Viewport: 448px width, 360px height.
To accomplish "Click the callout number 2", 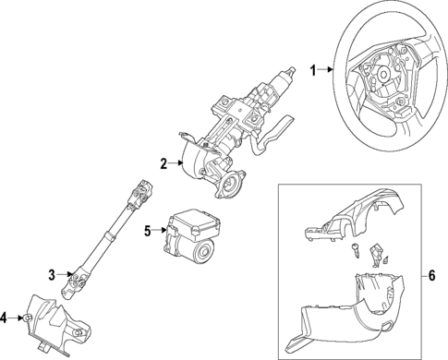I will pyautogui.click(x=163, y=164).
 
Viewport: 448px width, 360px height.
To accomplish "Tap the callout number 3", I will pyautogui.click(x=53, y=274).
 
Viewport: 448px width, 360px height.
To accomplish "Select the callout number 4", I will pyautogui.click(x=5, y=318).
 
